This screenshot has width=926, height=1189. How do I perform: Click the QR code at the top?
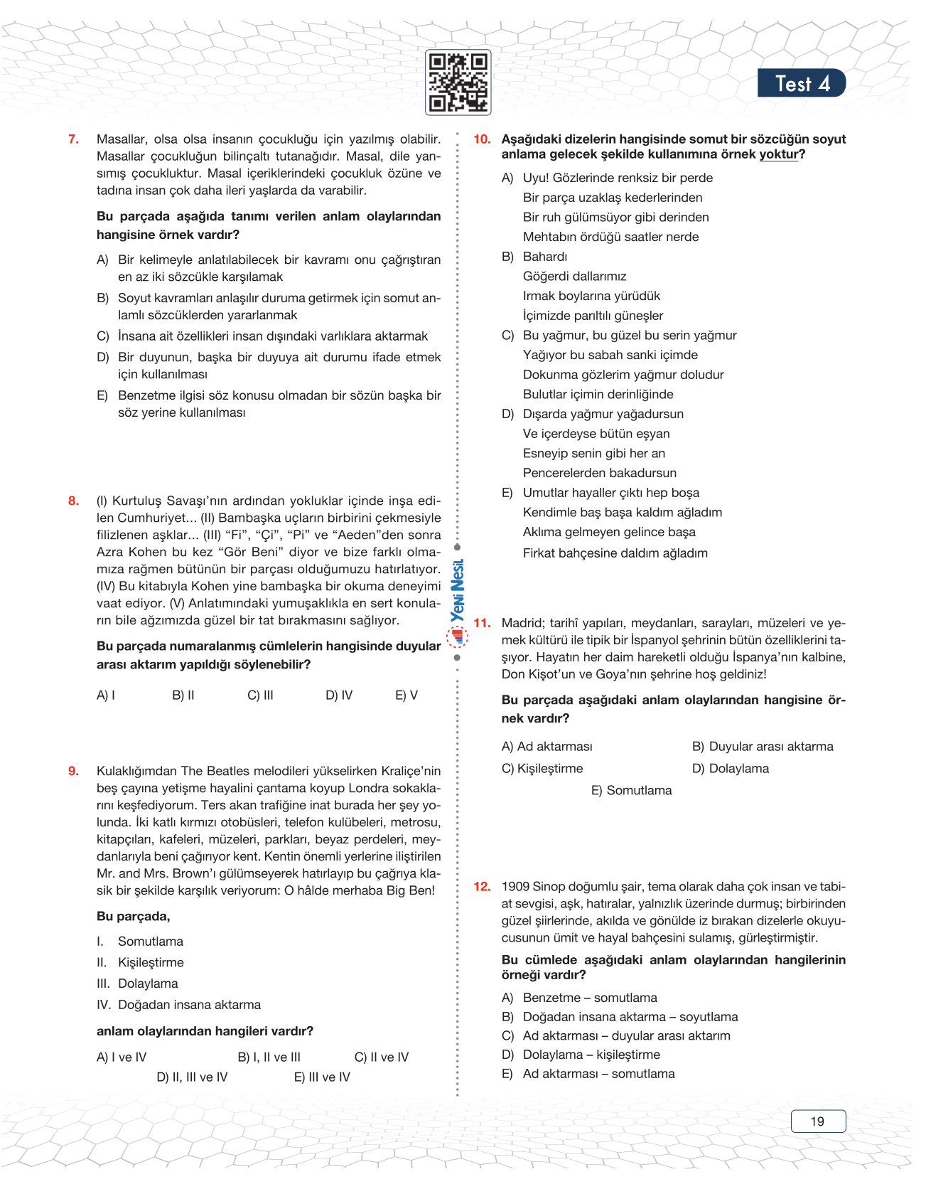[x=458, y=82]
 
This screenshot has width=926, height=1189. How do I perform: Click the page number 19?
[x=817, y=1121]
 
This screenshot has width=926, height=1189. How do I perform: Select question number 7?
[x=73, y=139]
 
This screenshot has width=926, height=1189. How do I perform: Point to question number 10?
[x=482, y=139]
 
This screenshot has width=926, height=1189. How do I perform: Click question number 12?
[x=482, y=886]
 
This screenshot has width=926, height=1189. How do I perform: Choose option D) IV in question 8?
[x=339, y=695]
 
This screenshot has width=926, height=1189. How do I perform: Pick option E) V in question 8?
[x=407, y=695]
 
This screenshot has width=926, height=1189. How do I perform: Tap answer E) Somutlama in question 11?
[x=631, y=790]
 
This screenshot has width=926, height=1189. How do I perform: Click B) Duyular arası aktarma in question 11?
[x=763, y=746]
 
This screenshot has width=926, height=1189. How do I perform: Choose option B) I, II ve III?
[x=269, y=1057]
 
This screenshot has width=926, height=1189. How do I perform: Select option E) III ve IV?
[x=322, y=1077]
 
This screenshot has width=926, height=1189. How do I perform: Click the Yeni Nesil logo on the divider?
[x=458, y=601]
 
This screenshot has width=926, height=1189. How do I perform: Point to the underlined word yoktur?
[x=779, y=154]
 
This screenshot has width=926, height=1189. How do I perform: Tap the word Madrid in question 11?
[x=522, y=623]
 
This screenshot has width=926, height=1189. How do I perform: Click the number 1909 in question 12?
[x=516, y=886]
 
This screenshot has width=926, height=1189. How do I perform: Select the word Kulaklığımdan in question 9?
[x=137, y=771]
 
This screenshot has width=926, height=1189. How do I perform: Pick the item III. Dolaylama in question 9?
[x=138, y=983]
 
